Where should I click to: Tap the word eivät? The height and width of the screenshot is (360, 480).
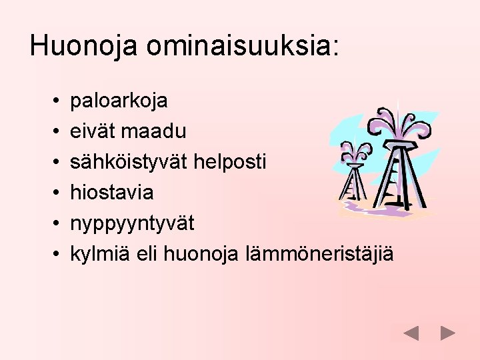(x=92, y=132)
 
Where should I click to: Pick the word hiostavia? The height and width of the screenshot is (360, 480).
(x=112, y=193)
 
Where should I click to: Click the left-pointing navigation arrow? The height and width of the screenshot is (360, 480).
(x=411, y=333)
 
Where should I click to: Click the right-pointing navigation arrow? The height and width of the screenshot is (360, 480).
(x=448, y=333)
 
